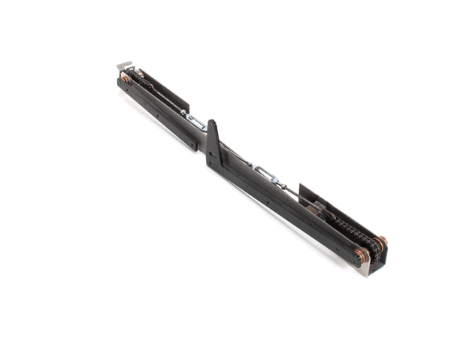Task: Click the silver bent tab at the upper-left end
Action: pyautogui.click(x=123, y=65)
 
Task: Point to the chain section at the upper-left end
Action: pyautogui.click(x=141, y=80)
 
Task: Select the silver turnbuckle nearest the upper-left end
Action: pyautogui.click(x=194, y=120)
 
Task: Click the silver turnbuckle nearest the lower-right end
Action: pyautogui.click(x=267, y=174)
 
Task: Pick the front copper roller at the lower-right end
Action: pyautogui.click(x=362, y=256)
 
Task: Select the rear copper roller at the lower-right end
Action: pyautogui.click(x=380, y=244)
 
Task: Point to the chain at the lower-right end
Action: pyautogui.click(x=350, y=229)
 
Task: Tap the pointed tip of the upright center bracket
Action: pyautogui.click(x=210, y=122)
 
